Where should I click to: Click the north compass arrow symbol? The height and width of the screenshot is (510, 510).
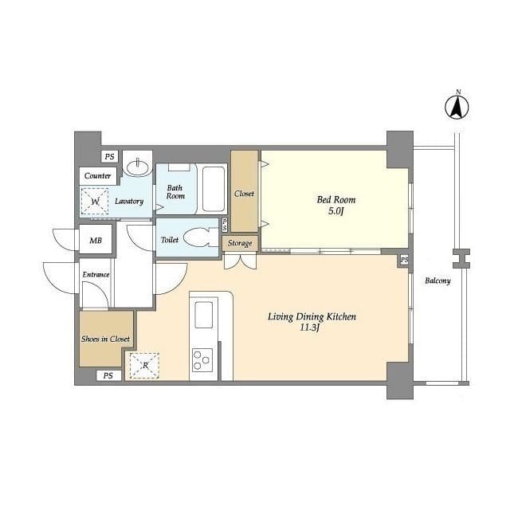coord(457,107)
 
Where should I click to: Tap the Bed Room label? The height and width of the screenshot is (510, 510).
coord(336,199)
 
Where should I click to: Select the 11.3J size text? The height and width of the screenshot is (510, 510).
coord(309,328)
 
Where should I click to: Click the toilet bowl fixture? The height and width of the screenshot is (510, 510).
coord(198,237)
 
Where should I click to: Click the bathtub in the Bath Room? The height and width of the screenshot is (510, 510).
coord(214,189)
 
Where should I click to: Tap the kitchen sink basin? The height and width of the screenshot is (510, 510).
coord(204,315)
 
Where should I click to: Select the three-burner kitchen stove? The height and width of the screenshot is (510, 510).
coord(202,360)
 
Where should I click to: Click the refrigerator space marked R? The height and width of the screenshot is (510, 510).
coord(144,366)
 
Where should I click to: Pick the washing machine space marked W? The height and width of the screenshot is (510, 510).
coord(95,202)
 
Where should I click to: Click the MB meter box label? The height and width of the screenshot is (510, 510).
coord(96,241)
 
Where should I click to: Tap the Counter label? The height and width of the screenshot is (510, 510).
coord(97,175)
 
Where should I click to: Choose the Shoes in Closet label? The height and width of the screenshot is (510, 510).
coord(105,339)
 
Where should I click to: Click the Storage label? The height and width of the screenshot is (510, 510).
coord(240,243)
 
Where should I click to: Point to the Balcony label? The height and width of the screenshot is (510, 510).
coord(437,280)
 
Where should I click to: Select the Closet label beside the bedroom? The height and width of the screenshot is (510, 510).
coord(245,194)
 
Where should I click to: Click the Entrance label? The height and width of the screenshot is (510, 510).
coord(96,274)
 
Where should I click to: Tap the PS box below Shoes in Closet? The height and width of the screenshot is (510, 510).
coord(108,375)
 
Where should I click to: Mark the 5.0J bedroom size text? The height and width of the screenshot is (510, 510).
coord(336,211)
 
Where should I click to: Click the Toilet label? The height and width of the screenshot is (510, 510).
coord(170,240)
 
